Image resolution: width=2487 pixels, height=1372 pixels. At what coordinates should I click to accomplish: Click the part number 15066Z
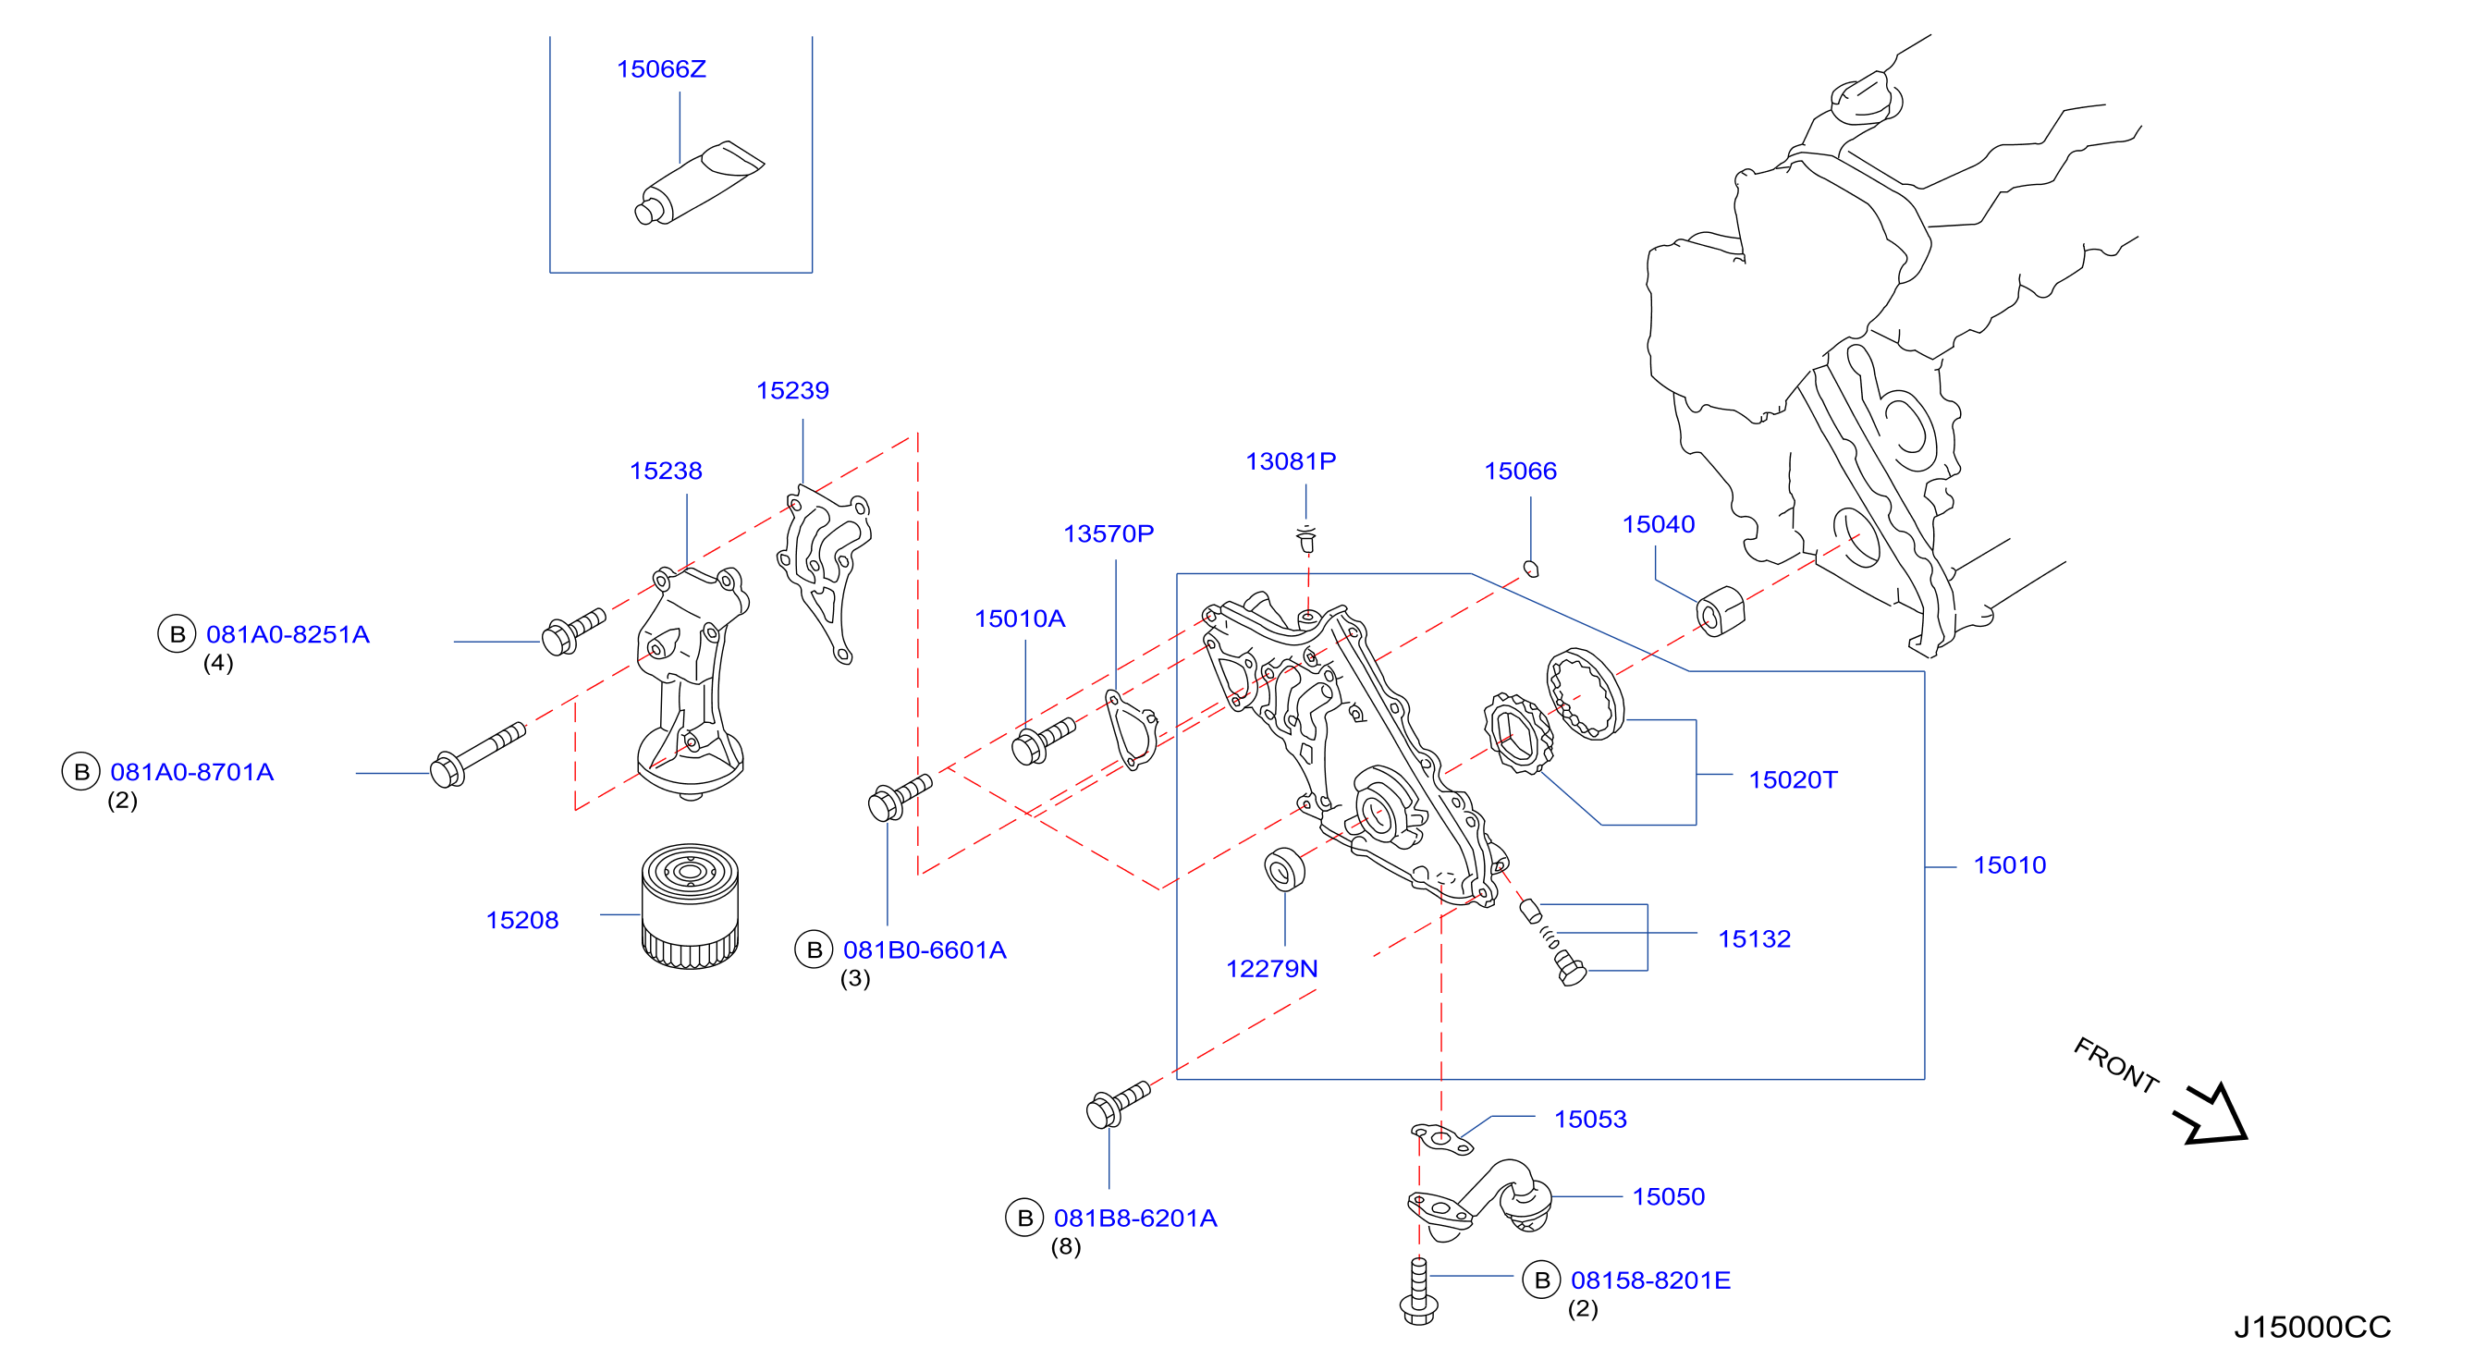[x=661, y=69]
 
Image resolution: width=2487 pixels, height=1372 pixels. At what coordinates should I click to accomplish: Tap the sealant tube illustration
[x=698, y=182]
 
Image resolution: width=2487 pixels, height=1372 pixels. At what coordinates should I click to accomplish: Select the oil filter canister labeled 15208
[x=690, y=906]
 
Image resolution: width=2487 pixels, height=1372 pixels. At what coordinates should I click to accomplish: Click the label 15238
[x=667, y=472]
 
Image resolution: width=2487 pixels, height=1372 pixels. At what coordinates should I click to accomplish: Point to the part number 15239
[x=792, y=391]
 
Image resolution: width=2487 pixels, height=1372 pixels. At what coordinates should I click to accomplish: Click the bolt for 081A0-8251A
[x=573, y=632]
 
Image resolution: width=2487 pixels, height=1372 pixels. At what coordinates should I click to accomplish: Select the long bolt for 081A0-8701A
[x=478, y=755]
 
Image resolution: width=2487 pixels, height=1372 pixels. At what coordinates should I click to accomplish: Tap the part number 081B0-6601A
[x=925, y=951]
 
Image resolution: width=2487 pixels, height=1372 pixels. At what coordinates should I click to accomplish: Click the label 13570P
[x=1109, y=534]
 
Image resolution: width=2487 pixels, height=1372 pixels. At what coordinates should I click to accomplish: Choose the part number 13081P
[x=1291, y=461]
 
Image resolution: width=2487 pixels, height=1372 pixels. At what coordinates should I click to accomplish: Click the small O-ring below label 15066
[x=1530, y=569]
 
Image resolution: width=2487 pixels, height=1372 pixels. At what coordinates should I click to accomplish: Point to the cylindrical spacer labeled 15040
[x=1721, y=611]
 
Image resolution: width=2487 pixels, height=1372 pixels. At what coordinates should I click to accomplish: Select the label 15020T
[x=1794, y=780]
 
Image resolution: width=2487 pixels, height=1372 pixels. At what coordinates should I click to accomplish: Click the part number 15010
[x=2010, y=865]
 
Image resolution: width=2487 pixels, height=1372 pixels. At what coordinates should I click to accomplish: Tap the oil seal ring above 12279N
[x=1284, y=869]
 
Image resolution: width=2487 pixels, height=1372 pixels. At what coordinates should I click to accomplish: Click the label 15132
[x=1754, y=939]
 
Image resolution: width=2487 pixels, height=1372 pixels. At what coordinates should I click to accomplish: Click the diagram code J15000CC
[x=2312, y=1328]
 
